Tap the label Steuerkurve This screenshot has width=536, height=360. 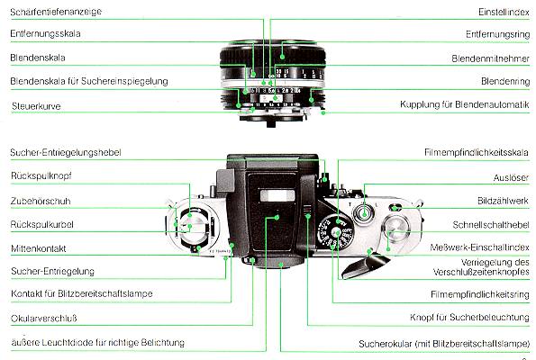pos(36,105)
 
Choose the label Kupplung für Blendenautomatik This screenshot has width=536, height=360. pos(465,105)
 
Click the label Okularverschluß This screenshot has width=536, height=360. pos(45,319)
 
